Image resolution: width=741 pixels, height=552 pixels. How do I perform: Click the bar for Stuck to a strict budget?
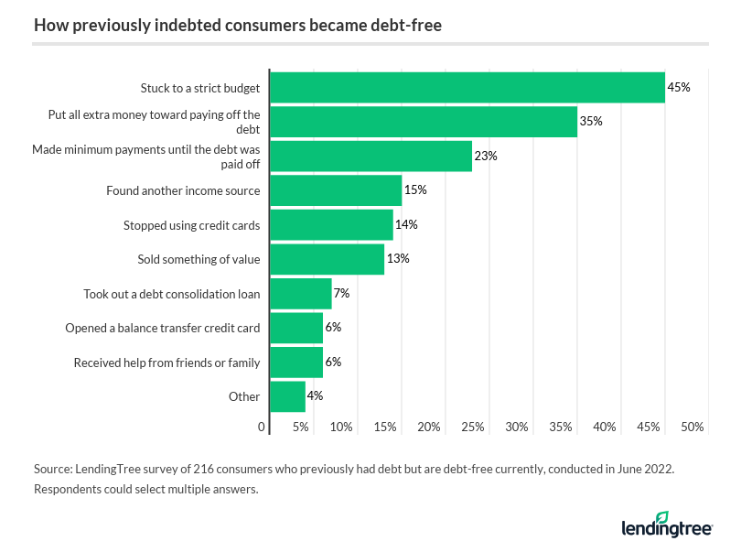pos(467,88)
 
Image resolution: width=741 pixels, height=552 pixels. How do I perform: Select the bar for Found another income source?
pos(336,190)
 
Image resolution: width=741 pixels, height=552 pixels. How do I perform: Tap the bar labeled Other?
pos(288,396)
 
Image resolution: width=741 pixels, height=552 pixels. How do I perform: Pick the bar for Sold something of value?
pos(328,259)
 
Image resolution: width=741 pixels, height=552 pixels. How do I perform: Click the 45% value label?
pos(679,88)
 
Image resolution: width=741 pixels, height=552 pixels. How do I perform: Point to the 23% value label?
pos(486,156)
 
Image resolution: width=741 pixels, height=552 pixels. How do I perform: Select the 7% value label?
pos(342,294)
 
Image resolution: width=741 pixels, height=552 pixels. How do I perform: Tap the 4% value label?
pos(316,396)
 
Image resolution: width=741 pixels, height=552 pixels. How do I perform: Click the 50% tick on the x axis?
pos(693,428)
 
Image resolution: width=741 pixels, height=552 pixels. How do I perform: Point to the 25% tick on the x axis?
pos(473,428)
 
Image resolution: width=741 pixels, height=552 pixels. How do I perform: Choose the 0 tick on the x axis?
pos(262,428)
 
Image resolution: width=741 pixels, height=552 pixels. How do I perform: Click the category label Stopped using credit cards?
pos(192,225)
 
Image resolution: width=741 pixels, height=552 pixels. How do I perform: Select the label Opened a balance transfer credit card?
pos(163,328)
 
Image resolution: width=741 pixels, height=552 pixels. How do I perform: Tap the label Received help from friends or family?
pos(167,363)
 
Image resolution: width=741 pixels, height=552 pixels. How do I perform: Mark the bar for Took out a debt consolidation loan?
pos(301,294)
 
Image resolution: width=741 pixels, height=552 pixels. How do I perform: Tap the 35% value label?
pos(591,122)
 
